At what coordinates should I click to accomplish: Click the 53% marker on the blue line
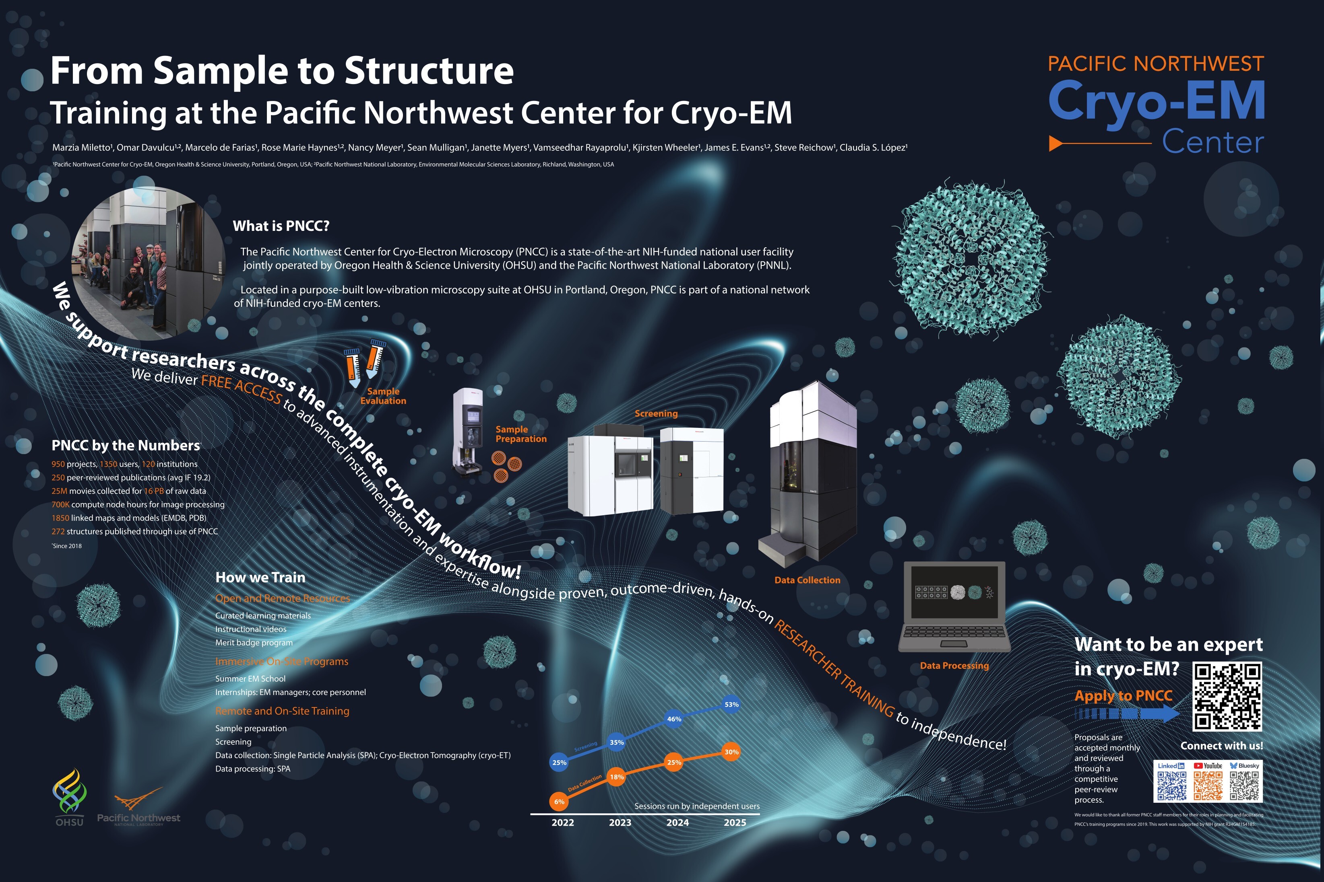[x=731, y=704]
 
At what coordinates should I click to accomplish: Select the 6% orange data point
[x=559, y=802]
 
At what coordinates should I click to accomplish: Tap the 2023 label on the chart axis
[x=620, y=822]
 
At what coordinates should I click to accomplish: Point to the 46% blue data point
[x=674, y=719]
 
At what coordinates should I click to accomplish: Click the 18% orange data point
[x=617, y=777]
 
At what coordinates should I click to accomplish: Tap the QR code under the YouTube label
[x=1208, y=786]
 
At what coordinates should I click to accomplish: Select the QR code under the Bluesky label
[x=1244, y=786]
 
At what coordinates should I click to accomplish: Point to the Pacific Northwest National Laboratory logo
[x=138, y=808]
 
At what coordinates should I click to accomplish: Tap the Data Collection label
[x=807, y=580]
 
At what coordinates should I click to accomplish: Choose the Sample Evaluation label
[x=383, y=396]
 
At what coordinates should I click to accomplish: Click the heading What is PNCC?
[x=281, y=226]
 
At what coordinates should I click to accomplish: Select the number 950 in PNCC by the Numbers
[x=58, y=464]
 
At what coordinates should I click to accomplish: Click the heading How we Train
[x=260, y=578]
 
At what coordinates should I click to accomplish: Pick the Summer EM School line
[x=250, y=679]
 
